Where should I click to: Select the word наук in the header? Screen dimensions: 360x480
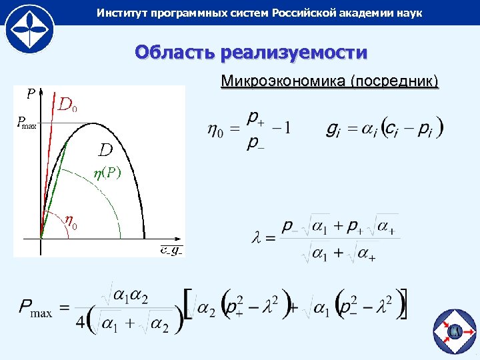pyautogui.click(x=408, y=13)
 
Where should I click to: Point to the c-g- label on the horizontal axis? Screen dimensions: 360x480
pyautogui.click(x=170, y=251)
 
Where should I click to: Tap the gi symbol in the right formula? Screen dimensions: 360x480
pyautogui.click(x=333, y=128)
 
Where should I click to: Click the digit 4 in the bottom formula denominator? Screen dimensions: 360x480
pyautogui.click(x=81, y=322)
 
